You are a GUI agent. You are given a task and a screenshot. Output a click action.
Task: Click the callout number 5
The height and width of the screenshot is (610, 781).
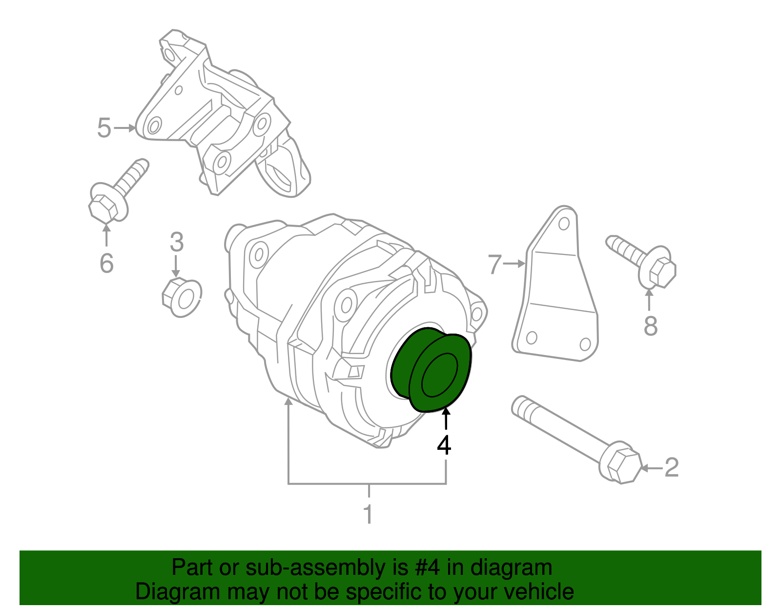pyautogui.click(x=104, y=128)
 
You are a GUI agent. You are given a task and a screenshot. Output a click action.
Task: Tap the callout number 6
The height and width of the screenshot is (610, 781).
pyautogui.click(x=106, y=263)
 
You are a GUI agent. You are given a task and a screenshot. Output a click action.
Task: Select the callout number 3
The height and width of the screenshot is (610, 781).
pyautogui.click(x=177, y=242)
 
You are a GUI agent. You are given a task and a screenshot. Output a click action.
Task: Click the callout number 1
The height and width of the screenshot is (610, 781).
pyautogui.click(x=369, y=514)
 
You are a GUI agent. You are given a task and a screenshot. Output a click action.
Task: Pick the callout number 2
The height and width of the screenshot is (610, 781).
pyautogui.click(x=672, y=467)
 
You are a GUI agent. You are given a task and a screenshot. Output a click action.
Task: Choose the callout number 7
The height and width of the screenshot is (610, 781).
pyautogui.click(x=494, y=264)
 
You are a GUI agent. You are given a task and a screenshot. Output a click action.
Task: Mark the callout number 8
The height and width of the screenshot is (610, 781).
pyautogui.click(x=650, y=326)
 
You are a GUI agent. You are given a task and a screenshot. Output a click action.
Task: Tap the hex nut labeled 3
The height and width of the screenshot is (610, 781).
pyautogui.click(x=181, y=297)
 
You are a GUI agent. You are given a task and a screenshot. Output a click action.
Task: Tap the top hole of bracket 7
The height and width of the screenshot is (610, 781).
pyautogui.click(x=564, y=224)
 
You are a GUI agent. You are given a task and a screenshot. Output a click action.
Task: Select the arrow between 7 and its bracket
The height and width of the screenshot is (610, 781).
pyautogui.click(x=514, y=264)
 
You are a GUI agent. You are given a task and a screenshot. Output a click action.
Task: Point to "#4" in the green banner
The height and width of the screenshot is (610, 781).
pyautogui.click(x=428, y=568)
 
